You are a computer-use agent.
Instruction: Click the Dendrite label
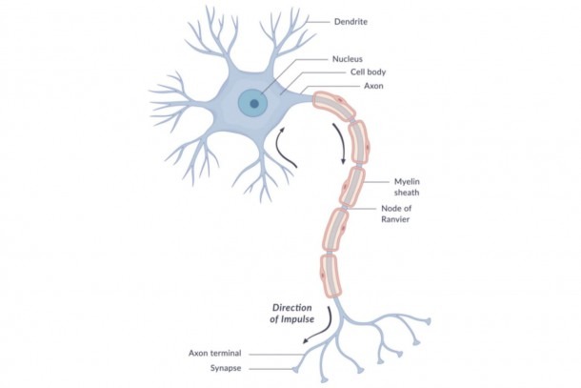click(351, 22)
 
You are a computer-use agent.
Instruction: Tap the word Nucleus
click(348, 59)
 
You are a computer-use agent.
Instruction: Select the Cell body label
click(368, 71)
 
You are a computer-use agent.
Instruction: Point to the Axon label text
click(373, 86)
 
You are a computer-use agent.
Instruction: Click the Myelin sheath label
click(407, 187)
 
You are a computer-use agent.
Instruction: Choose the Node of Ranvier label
click(395, 214)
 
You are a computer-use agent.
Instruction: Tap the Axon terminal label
click(214, 353)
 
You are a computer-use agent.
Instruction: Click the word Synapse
click(226, 368)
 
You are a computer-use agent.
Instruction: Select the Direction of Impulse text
click(292, 313)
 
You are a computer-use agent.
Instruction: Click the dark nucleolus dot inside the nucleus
click(254, 104)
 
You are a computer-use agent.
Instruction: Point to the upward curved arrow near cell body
click(286, 148)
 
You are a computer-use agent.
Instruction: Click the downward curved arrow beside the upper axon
click(340, 143)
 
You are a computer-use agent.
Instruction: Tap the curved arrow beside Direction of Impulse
click(319, 326)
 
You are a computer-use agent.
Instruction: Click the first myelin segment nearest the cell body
click(332, 106)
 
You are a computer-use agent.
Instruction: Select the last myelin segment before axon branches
click(330, 276)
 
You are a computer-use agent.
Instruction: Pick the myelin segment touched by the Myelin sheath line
click(352, 187)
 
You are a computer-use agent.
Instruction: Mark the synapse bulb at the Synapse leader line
click(295, 370)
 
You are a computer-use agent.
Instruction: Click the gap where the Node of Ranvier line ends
click(344, 208)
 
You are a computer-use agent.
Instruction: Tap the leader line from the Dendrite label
click(317, 22)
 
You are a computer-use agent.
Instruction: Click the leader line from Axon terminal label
click(276, 355)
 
